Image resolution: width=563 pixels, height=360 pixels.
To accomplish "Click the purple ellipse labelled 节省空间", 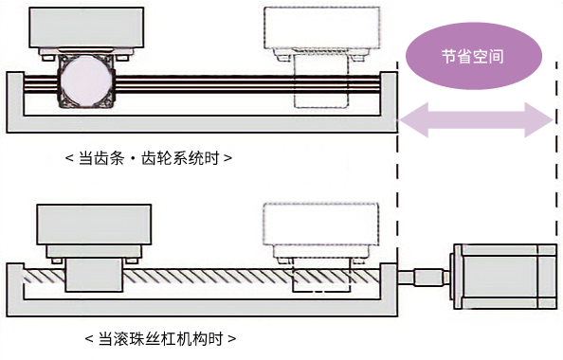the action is (474, 56).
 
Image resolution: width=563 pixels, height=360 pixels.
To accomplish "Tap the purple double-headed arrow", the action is (476, 120).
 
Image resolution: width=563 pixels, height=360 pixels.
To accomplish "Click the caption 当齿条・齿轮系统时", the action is (149, 158).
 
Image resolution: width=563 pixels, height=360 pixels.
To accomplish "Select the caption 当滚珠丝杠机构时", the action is (160, 338).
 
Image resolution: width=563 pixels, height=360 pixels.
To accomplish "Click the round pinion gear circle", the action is (86, 81).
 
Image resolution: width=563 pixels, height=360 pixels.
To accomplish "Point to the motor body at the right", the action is (500, 277).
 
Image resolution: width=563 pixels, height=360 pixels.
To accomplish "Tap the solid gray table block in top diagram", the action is (86, 27).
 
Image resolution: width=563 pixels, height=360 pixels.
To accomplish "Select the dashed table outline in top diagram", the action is (322, 27).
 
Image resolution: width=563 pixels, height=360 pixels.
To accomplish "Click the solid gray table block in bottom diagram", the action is (94, 225).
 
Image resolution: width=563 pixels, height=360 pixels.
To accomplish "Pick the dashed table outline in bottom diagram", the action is (321, 225).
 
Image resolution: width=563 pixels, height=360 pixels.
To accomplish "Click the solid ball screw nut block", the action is (94, 276).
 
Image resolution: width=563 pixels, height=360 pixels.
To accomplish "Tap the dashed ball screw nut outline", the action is (321, 277).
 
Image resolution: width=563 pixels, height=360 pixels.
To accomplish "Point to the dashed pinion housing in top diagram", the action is (321, 81).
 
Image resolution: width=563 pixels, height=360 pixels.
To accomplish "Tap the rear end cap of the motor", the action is (548, 277).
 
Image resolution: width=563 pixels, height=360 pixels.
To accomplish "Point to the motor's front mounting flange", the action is (458, 277).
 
